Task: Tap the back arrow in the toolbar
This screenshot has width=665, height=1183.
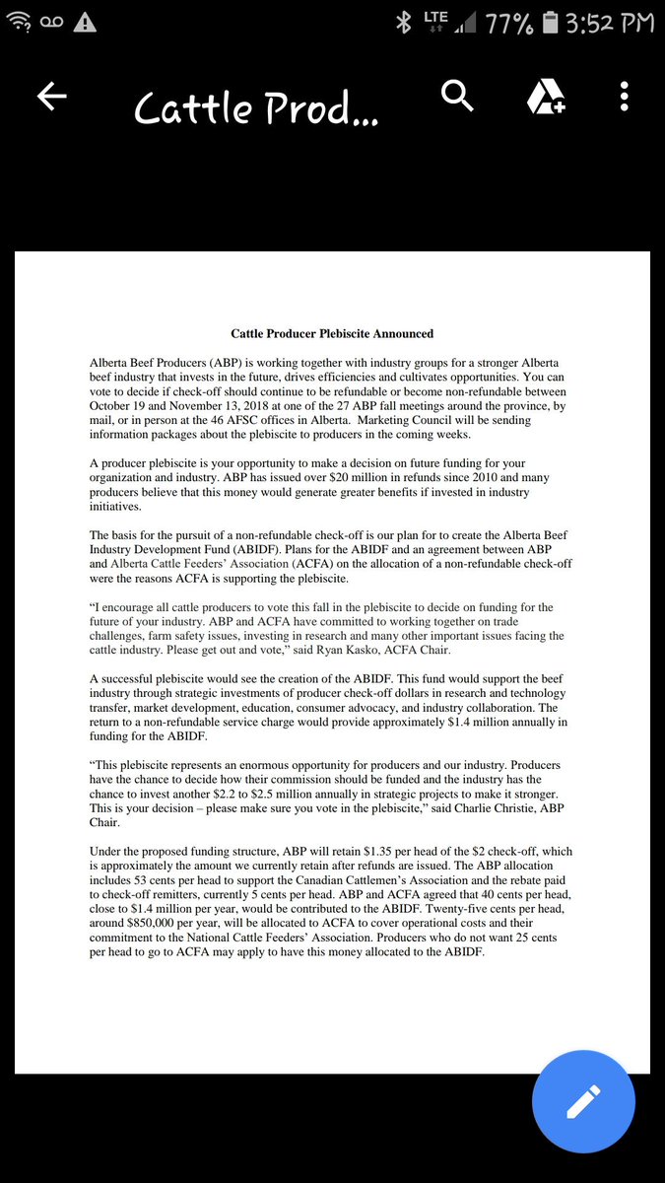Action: [x=51, y=97]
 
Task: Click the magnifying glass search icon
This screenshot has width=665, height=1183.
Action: [x=458, y=97]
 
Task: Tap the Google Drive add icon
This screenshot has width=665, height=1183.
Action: [x=544, y=98]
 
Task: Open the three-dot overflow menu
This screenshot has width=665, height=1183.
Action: [x=624, y=97]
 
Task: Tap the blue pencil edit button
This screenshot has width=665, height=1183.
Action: [x=583, y=1100]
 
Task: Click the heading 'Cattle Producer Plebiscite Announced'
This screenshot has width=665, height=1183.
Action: [x=332, y=334]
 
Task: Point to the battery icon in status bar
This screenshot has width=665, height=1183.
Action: [x=551, y=23]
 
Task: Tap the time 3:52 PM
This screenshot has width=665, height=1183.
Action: [x=610, y=23]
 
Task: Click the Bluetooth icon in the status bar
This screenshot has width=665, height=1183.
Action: [x=402, y=23]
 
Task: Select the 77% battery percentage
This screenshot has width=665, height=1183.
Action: [x=508, y=23]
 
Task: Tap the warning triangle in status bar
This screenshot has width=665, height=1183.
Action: [x=86, y=23]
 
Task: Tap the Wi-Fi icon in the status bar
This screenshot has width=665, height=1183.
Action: [x=18, y=23]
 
